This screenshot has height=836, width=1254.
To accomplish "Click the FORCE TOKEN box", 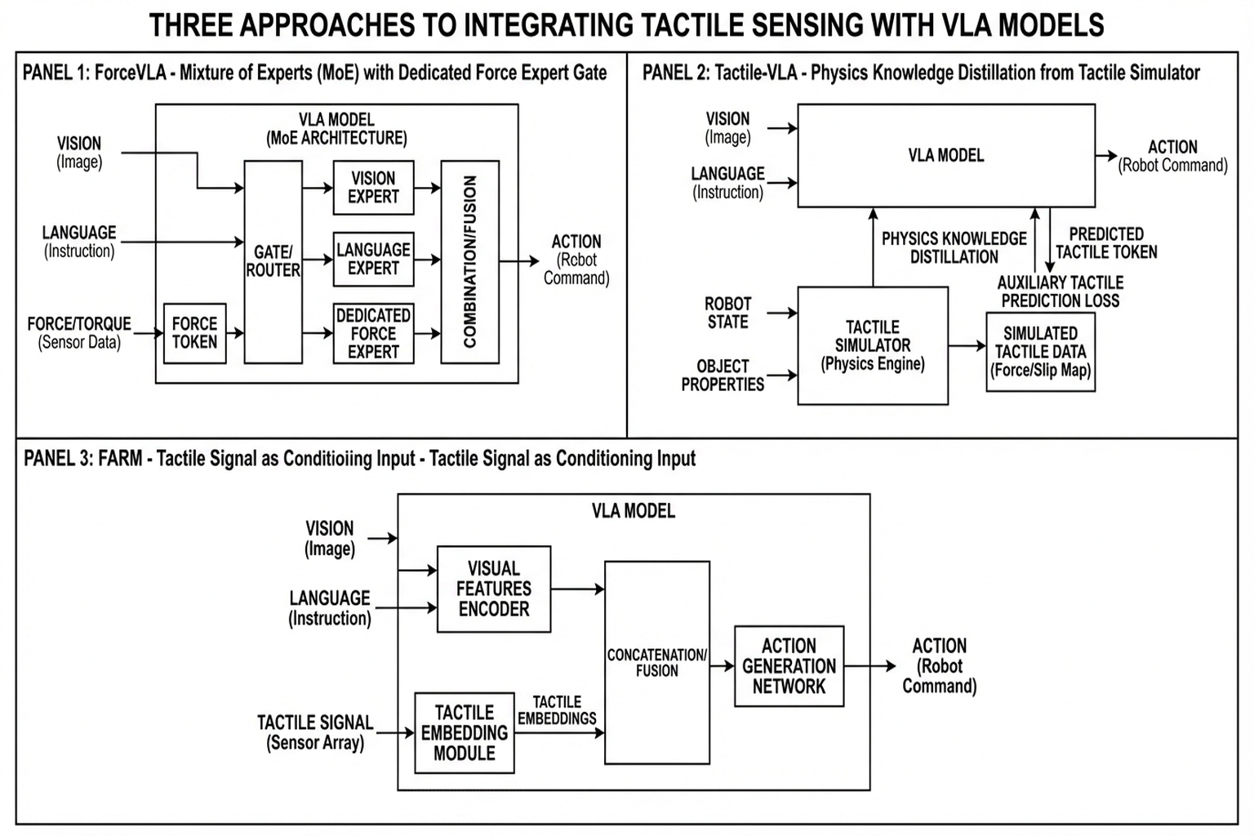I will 194,333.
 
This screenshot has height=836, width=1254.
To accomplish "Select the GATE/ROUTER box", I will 273,261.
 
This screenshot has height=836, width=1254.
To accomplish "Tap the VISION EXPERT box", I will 373,188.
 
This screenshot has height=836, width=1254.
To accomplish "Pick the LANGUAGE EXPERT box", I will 373,259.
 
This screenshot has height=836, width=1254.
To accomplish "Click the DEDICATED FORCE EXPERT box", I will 373,333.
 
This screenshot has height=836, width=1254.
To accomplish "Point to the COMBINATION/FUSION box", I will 469,261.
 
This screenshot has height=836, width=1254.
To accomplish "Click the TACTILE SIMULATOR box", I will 872,345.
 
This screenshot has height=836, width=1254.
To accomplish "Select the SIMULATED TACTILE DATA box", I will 1040,352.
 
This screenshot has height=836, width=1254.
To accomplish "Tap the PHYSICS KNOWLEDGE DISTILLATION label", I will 954,247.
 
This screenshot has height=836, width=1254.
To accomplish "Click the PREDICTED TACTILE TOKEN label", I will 1106,243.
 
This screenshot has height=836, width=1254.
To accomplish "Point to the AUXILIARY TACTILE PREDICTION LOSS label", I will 1060,291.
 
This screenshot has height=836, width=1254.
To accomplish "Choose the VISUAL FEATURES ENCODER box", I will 493,589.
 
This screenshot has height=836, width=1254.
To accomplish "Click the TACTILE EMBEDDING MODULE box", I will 464,733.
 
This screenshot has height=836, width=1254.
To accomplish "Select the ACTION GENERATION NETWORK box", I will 789,666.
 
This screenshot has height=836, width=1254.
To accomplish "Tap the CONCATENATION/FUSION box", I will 656,662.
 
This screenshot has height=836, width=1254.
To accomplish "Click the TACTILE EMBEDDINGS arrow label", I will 557,710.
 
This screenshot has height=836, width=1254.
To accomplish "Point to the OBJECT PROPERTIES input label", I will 723,376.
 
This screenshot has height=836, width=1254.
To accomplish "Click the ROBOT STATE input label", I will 727,313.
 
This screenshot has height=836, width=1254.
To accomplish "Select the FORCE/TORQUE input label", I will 79,332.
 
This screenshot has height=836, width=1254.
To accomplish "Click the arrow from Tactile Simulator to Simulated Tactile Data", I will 967,346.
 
